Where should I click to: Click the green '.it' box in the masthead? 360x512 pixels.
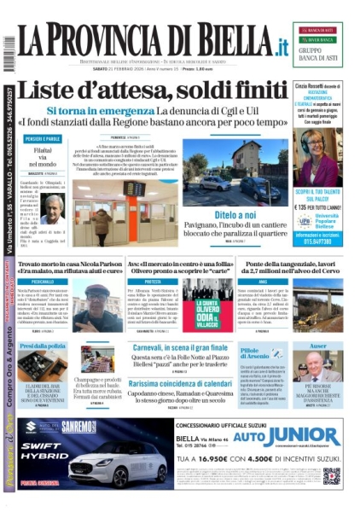[278, 46]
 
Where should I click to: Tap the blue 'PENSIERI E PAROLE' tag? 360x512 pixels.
[41, 138]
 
